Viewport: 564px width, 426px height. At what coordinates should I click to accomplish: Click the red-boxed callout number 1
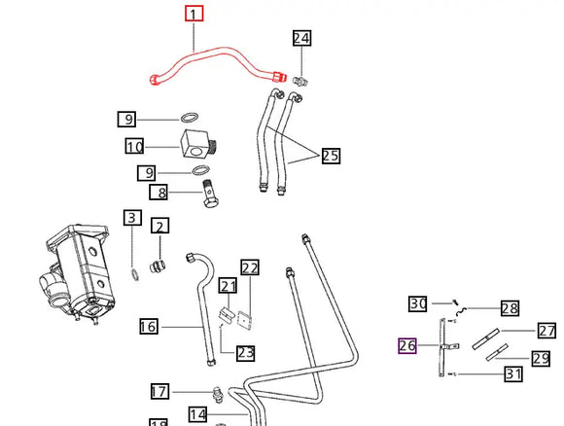pyautogui.click(x=194, y=14)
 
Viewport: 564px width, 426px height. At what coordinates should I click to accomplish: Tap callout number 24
pyautogui.click(x=302, y=39)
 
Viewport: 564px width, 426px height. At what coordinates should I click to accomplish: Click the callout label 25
pyautogui.click(x=330, y=156)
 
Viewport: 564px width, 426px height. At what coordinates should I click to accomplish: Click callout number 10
pyautogui.click(x=134, y=148)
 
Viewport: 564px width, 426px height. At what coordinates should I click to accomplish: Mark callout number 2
pyautogui.click(x=159, y=226)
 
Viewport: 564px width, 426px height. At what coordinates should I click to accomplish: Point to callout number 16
pyautogui.click(x=148, y=327)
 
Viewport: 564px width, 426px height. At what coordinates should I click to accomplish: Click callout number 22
pyautogui.click(x=250, y=267)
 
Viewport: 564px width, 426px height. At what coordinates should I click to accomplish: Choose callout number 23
pyautogui.click(x=245, y=353)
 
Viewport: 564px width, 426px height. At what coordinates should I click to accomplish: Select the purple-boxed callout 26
pyautogui.click(x=406, y=346)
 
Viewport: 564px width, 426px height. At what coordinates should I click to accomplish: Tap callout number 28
pyautogui.click(x=511, y=308)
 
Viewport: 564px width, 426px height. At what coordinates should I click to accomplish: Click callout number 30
pyautogui.click(x=417, y=303)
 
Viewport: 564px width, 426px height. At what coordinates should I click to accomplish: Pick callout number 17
pyautogui.click(x=159, y=392)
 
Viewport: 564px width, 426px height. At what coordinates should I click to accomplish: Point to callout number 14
pyautogui.click(x=197, y=414)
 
